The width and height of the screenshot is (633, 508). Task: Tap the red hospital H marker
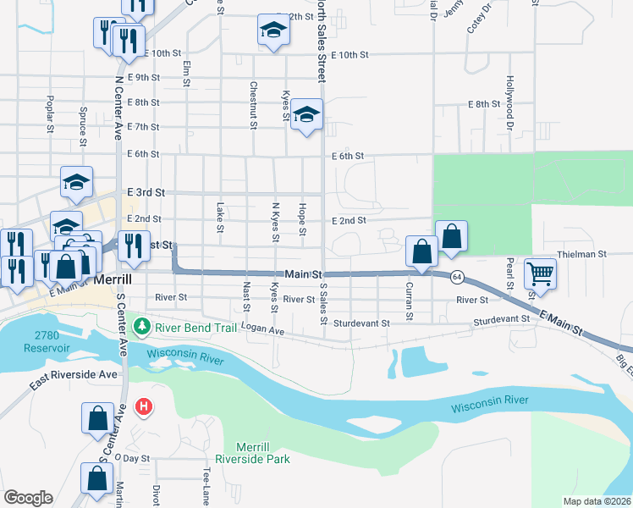click(145, 407)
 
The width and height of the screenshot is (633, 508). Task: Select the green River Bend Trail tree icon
click(145, 326)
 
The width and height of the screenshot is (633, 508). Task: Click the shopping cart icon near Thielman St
click(539, 273)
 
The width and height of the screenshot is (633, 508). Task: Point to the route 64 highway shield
click(456, 277)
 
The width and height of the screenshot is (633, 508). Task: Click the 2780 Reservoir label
click(35, 319)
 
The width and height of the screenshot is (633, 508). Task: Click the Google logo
click(28, 497)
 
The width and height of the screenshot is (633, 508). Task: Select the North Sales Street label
click(321, 41)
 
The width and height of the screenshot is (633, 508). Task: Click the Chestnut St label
click(253, 105)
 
